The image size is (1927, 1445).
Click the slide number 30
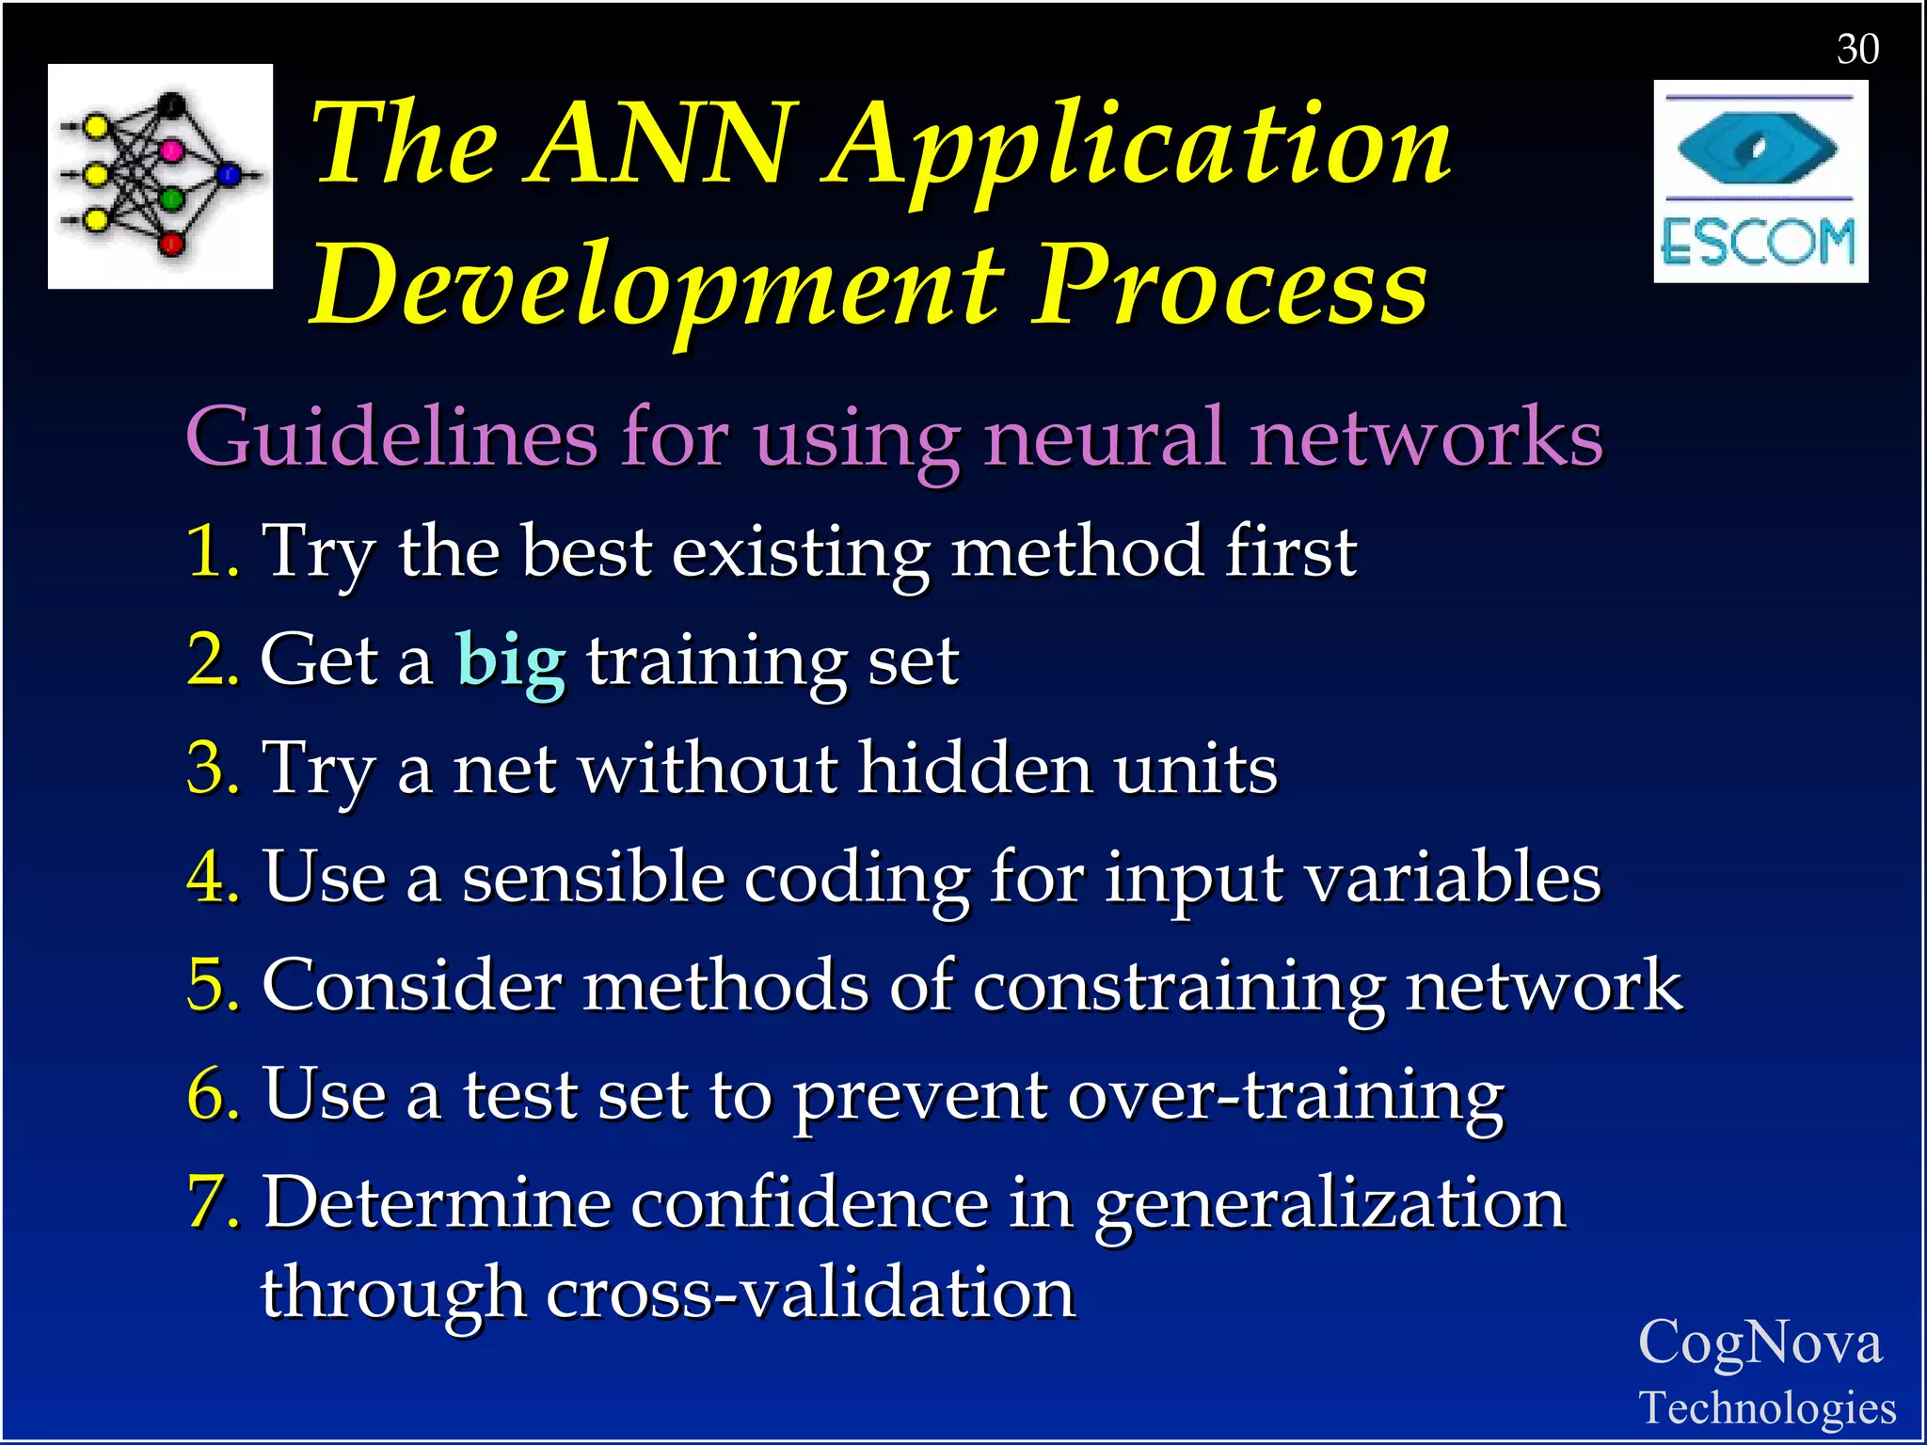click(1857, 49)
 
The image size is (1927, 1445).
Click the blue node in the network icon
click(229, 174)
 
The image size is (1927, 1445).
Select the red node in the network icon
click(171, 244)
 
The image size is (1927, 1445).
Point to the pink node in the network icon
click(171, 150)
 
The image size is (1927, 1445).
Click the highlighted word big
click(511, 660)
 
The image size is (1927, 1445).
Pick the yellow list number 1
click(211, 551)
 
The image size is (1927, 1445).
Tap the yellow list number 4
click(211, 877)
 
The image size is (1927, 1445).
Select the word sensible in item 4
click(593, 877)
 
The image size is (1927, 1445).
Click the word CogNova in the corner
click(1760, 1342)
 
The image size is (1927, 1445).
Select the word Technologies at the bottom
click(1767, 1408)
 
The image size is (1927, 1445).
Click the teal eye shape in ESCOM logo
click(1757, 148)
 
